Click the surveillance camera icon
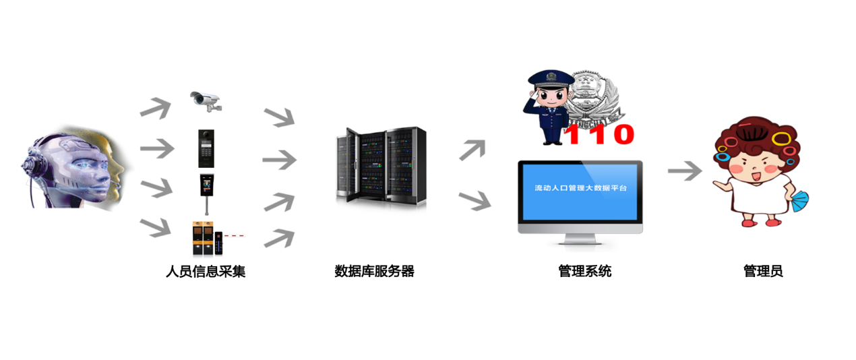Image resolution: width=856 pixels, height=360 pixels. (x=204, y=100)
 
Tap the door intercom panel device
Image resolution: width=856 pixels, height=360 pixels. (x=206, y=148)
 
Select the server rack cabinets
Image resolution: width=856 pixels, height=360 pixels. (x=381, y=167)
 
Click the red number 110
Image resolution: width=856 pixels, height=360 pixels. (x=599, y=134)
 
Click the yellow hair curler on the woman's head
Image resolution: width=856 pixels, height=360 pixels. (x=781, y=139)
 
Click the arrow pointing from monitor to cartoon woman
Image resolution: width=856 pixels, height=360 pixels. (x=683, y=172)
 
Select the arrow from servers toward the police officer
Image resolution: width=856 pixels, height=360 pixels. (x=472, y=150)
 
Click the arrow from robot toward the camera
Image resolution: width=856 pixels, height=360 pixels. (x=155, y=108)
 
